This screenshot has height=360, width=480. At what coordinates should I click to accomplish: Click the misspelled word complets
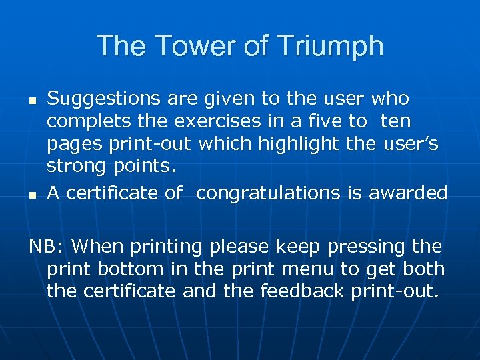pos(86,121)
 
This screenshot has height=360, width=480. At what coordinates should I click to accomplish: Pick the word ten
pos(397,121)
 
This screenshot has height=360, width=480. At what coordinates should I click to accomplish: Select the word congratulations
pos(269,193)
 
